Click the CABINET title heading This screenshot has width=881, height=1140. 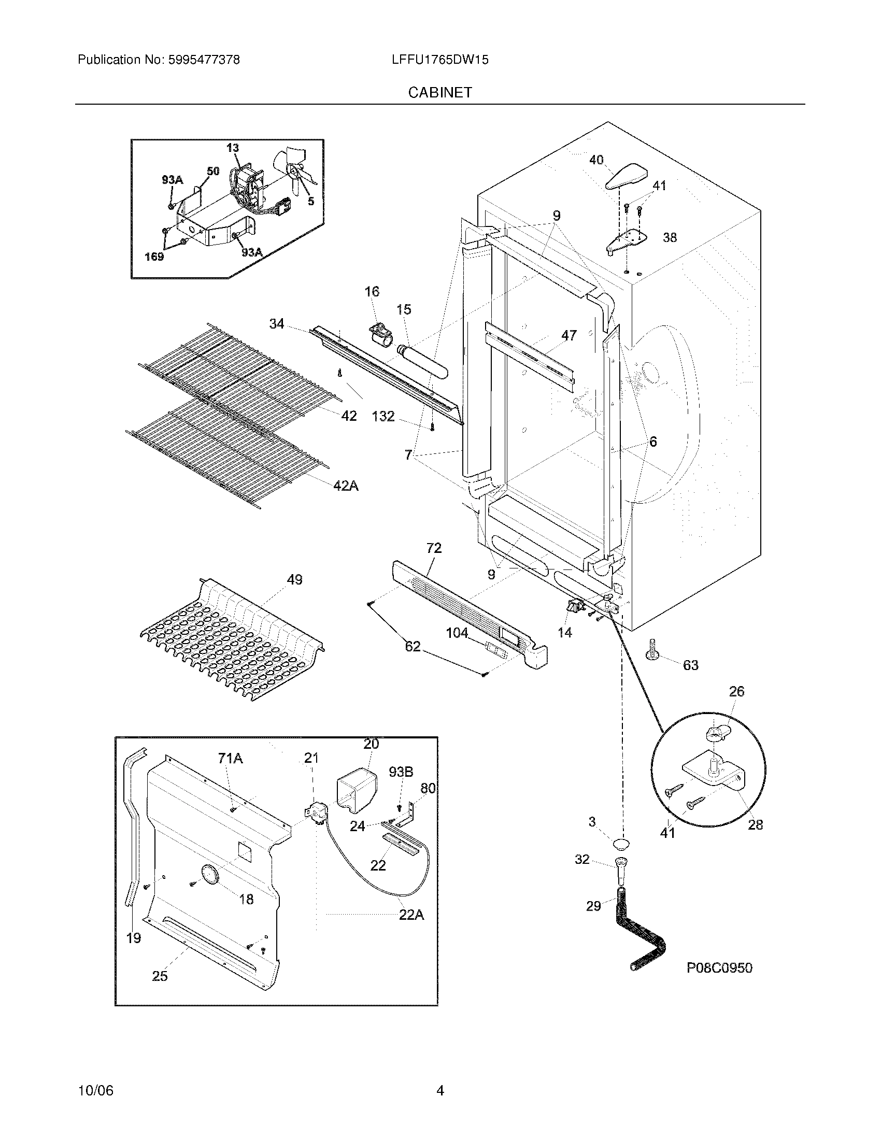click(x=440, y=92)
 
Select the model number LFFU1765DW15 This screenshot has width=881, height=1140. click(x=440, y=60)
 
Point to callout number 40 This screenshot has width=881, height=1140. click(x=596, y=160)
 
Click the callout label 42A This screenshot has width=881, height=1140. click(x=346, y=486)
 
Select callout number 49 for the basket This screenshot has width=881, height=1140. click(x=294, y=579)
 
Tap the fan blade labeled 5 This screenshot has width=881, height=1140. click(x=295, y=169)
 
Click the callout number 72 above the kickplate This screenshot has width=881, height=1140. click(x=434, y=548)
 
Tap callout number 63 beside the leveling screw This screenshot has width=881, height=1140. click(x=690, y=665)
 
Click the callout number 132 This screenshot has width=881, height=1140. click(x=383, y=416)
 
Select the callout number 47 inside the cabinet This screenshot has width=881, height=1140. click(x=569, y=335)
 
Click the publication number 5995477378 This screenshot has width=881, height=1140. click(x=204, y=60)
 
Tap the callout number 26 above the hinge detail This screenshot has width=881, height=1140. click(x=736, y=692)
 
